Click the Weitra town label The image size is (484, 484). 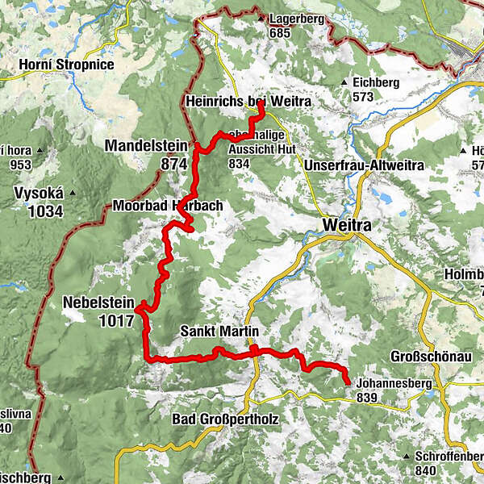click(346, 225)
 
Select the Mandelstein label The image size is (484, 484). click(145, 147)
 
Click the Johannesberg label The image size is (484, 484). click(392, 384)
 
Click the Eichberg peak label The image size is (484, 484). click(376, 82)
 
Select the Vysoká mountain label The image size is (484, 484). click(38, 194)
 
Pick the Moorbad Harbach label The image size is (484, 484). click(167, 206)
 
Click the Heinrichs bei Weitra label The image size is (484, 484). click(247, 102)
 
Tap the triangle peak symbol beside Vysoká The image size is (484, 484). click(73, 194)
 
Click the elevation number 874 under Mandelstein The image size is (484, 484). click(173, 164)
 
